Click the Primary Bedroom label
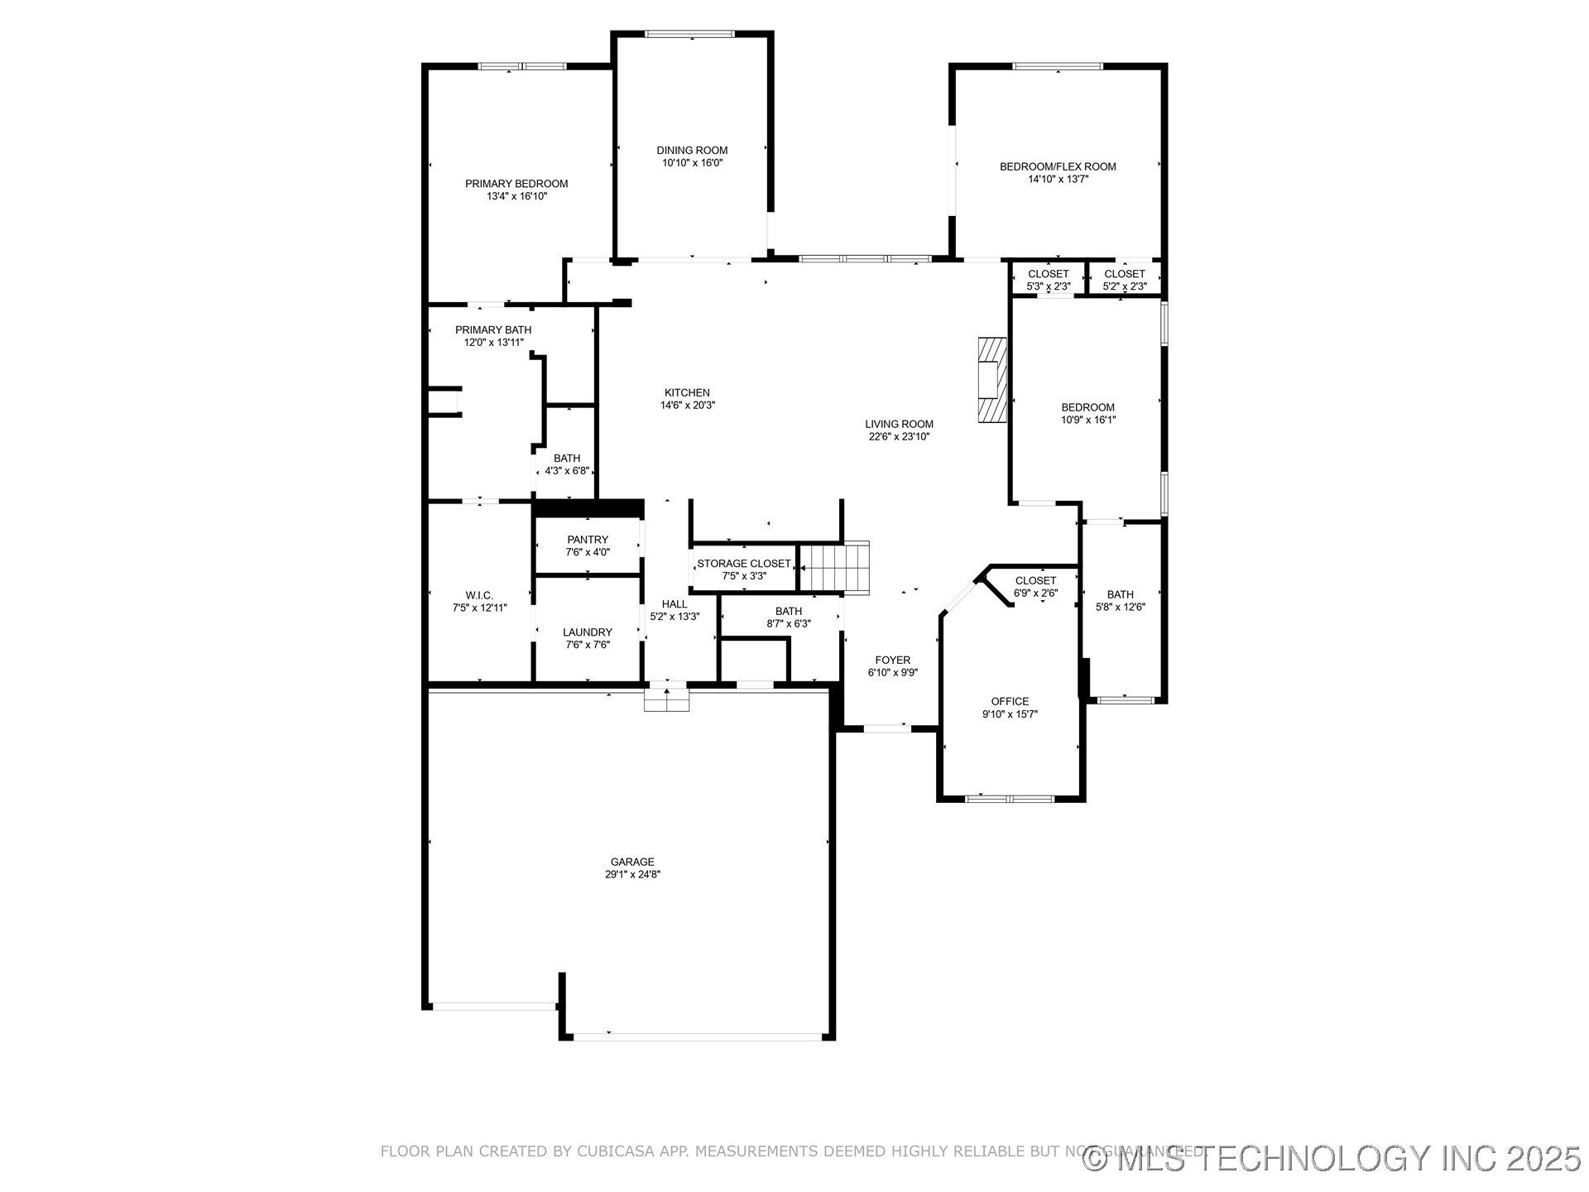point(516,184)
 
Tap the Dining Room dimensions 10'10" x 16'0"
point(692,163)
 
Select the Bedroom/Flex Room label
point(1058,166)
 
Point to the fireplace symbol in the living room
point(992,381)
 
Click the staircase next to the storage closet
point(834,567)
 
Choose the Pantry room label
point(588,540)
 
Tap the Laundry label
point(588,632)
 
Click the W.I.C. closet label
point(479,595)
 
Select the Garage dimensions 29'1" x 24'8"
point(632,874)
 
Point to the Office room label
point(1010,701)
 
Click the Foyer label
point(892,660)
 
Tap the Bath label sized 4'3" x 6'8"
point(567,458)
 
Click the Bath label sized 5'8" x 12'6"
point(1120,594)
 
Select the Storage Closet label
point(743,564)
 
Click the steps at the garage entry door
point(667,700)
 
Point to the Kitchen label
point(687,392)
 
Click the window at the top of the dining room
point(689,34)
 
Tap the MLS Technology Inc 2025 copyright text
point(1332,1158)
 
